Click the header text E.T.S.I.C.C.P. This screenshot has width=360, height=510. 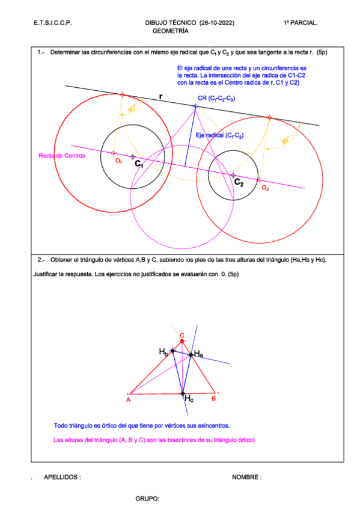click(x=53, y=23)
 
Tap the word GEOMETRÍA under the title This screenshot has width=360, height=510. click(x=171, y=30)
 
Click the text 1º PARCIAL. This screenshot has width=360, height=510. click(x=301, y=23)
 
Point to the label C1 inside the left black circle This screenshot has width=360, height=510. click(x=139, y=163)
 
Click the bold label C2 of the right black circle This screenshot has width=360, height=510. click(x=239, y=182)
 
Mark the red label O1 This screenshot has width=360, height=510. click(x=118, y=161)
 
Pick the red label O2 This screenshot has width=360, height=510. click(x=265, y=188)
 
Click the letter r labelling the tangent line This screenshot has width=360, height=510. click(x=160, y=96)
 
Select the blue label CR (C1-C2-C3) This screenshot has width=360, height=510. click(x=216, y=98)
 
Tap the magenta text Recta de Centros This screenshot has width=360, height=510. click(x=62, y=156)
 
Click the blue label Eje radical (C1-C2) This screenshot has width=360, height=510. click(x=219, y=136)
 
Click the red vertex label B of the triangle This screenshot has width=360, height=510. click(x=213, y=398)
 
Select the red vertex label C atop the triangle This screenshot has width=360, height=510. click(x=182, y=336)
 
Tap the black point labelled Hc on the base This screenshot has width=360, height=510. click(x=183, y=394)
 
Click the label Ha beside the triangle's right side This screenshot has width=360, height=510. click(x=198, y=355)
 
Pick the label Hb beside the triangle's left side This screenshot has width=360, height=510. click(x=163, y=351)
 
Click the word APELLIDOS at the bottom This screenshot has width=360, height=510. click(x=62, y=477)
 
